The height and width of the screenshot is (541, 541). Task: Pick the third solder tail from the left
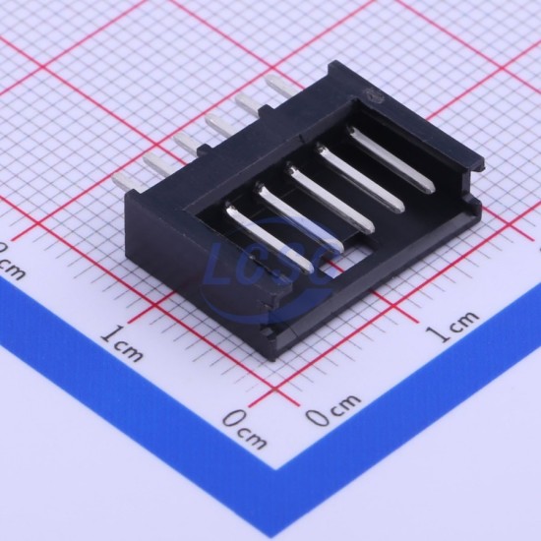(x=186, y=145)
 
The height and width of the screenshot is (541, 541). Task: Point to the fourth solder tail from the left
(x=218, y=126)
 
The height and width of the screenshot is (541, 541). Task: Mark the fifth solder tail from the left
(x=249, y=105)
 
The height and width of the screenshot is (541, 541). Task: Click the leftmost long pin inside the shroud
(x=270, y=237)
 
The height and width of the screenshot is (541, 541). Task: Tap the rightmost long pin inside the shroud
(x=391, y=158)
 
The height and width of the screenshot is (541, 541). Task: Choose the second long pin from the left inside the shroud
(x=299, y=216)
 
